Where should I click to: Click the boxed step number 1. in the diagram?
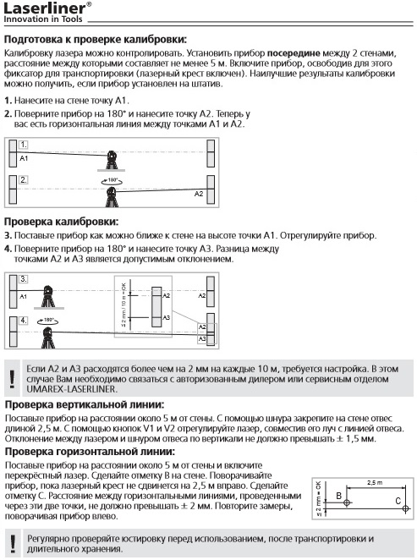25,145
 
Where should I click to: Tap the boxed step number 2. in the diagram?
25,179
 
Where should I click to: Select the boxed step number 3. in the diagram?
25,278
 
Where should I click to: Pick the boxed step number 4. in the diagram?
25,321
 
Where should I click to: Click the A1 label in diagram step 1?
25,158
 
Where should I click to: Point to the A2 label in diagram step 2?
199,194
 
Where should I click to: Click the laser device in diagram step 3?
49,294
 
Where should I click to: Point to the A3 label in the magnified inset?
166,316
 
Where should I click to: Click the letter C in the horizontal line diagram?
398,501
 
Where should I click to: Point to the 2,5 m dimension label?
373,481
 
